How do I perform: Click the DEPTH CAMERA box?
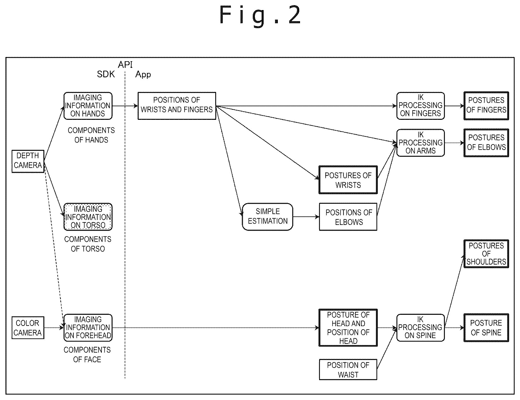point(28,161)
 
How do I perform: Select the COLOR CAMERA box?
point(28,328)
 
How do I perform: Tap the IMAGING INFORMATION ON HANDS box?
point(88,106)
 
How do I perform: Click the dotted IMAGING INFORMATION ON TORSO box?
point(88,217)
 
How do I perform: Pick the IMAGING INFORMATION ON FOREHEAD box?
point(88,328)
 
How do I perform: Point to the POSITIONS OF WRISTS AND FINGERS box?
point(177,106)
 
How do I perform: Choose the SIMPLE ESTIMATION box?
point(267,217)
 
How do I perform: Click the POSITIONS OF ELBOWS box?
point(348,217)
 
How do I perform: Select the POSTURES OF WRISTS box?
point(348,180)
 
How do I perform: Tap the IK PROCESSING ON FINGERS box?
point(421,106)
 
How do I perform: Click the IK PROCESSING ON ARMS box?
point(421,143)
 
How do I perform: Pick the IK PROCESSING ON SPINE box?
point(421,328)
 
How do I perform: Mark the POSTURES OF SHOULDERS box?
point(486,254)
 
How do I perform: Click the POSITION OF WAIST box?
point(348,370)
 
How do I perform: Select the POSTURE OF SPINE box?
point(486,328)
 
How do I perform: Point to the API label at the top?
point(125,65)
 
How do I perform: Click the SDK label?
point(106,74)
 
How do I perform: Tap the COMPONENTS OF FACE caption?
point(87,355)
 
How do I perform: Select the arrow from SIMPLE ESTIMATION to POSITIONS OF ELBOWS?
point(306,217)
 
